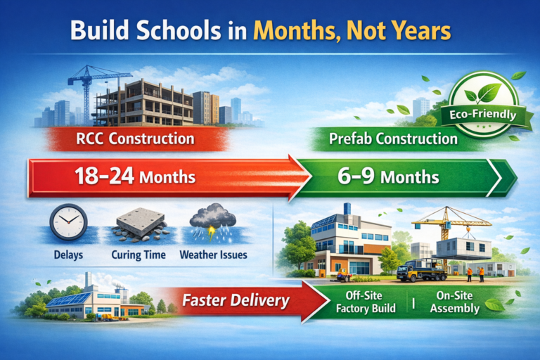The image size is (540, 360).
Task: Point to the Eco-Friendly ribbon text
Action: (480, 114)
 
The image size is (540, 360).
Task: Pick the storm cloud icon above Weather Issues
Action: (213, 220)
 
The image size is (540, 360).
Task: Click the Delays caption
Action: (68, 255)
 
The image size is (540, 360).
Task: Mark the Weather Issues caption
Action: (213, 255)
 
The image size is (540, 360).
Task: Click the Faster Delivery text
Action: (236, 301)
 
